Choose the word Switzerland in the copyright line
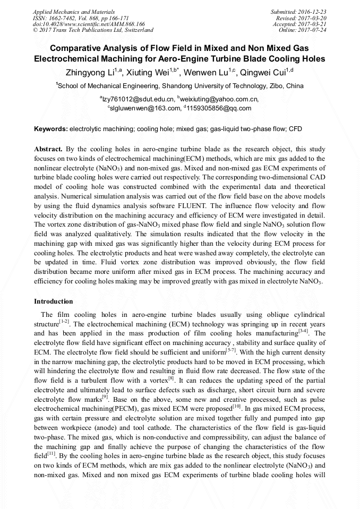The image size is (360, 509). [x=136, y=30]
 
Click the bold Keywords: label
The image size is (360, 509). [x=51, y=129]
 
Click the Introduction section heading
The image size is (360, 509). [x=54, y=301]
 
